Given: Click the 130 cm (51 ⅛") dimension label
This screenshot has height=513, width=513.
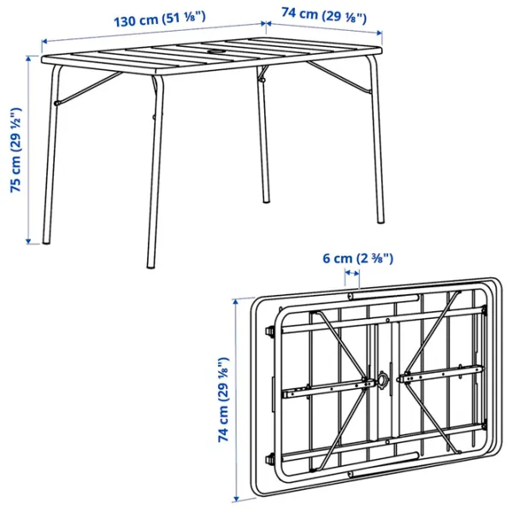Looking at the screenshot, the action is coord(160,19).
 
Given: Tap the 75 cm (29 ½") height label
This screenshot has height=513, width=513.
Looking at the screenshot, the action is coord(16,150).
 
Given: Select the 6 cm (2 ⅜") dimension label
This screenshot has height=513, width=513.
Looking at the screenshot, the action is coord(358,258).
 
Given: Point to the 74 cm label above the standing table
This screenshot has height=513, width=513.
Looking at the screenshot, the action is coord(324,15).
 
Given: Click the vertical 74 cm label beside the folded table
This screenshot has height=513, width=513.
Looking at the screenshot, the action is coord(224,400).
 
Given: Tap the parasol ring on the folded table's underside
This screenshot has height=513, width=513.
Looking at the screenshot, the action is coord(382,380).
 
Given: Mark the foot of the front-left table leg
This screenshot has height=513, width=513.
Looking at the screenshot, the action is coord(46,241).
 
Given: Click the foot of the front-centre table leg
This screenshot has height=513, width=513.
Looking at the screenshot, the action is coord(150,266).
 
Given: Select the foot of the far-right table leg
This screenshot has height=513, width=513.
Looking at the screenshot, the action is coord(380,221).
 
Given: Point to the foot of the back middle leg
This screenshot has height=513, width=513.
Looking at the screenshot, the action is coord(267,200).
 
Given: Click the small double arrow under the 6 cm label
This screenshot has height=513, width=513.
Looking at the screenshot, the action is coord(352,273).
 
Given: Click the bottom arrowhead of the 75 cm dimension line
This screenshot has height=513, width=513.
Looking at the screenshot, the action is coord(28,241).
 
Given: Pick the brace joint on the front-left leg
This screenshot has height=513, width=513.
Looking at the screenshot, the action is coord(57,103).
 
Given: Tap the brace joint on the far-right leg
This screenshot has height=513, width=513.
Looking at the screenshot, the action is coord(370,92).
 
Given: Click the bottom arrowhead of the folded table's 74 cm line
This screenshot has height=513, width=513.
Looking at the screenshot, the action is coord(236,499).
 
